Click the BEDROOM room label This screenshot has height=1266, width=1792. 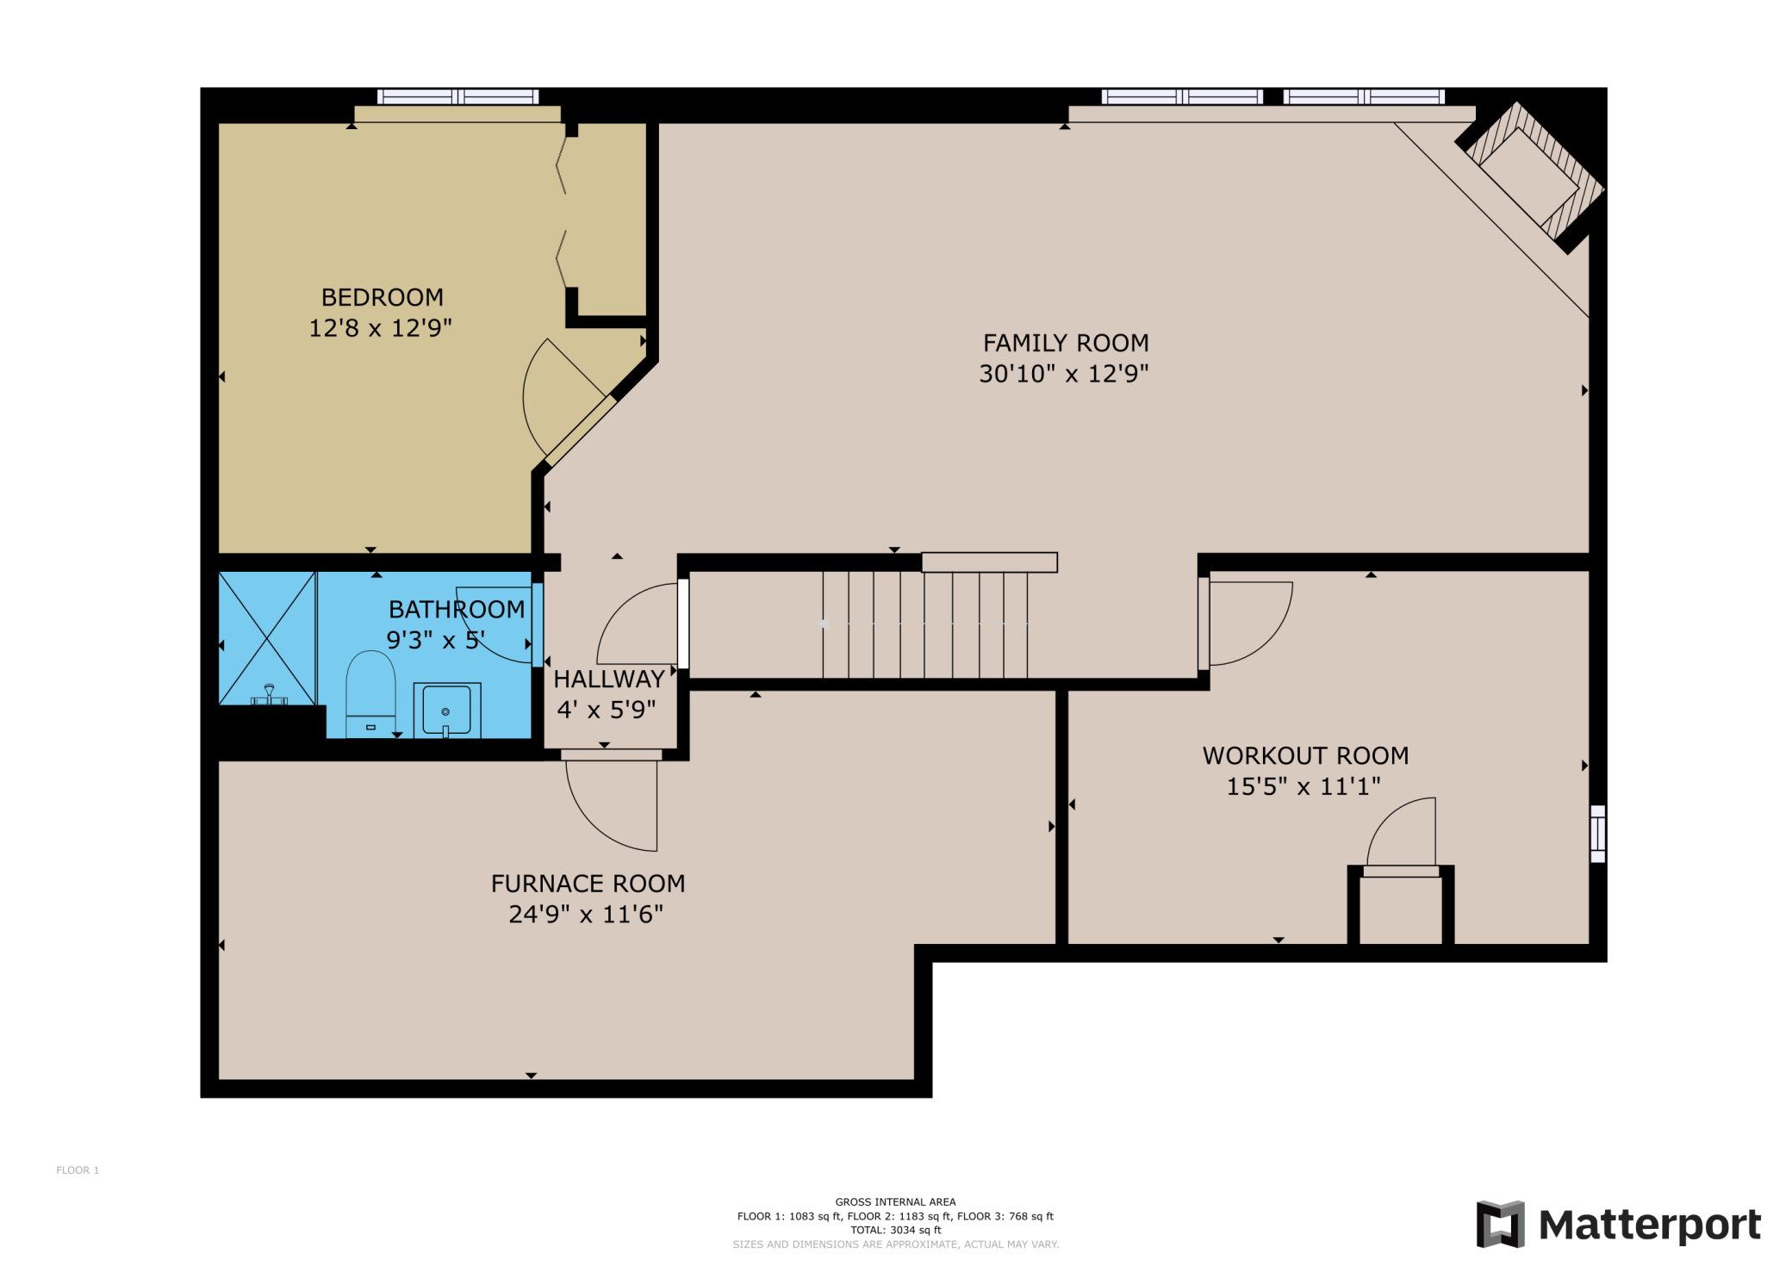[383, 297]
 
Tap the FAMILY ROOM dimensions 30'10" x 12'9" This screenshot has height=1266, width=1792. [1064, 374]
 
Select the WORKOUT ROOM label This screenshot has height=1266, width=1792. [1305, 755]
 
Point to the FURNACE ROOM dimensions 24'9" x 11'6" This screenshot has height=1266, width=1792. [586, 914]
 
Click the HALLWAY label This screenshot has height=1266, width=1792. [608, 679]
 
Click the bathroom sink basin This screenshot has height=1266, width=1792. [446, 710]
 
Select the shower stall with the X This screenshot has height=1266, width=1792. [267, 638]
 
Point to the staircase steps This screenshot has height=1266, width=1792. [926, 624]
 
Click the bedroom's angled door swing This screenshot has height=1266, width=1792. [560, 396]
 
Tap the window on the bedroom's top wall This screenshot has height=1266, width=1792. [457, 96]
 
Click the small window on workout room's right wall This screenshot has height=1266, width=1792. [1597, 834]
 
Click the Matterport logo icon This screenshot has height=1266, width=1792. [1500, 1224]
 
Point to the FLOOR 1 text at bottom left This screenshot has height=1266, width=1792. [78, 1170]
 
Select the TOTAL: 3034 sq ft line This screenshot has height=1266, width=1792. [895, 1230]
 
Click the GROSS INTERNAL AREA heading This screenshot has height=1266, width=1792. [895, 1201]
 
